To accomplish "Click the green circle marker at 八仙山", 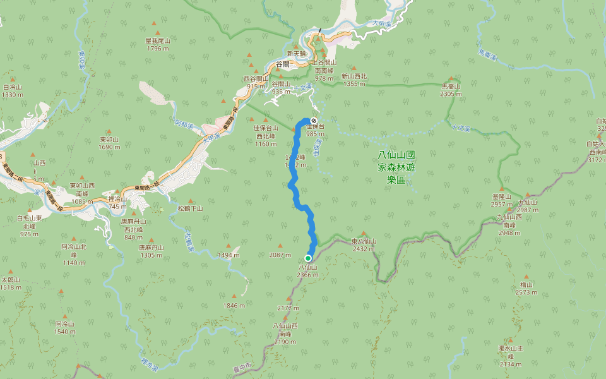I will pos(308,258).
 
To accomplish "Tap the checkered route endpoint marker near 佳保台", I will pos(314,119).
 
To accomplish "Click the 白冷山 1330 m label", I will pos(13,91).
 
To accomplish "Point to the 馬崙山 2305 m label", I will pos(451,90).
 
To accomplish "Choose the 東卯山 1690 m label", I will pos(109,143).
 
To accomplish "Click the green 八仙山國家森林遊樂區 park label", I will pos(392,166).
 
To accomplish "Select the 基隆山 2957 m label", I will pos(502,200).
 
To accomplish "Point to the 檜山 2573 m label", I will pos(526,289).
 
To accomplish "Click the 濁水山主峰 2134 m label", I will pos(510,356).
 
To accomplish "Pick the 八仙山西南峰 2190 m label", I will pos(285,334).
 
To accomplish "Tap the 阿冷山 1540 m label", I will pos(64,327).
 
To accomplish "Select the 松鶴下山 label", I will pos(190,208).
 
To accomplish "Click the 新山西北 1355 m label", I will pos(354,80).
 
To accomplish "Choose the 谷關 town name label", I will pos(286,64).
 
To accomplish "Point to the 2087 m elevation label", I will pos(280,255).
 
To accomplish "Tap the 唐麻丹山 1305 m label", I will pos(151,251).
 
